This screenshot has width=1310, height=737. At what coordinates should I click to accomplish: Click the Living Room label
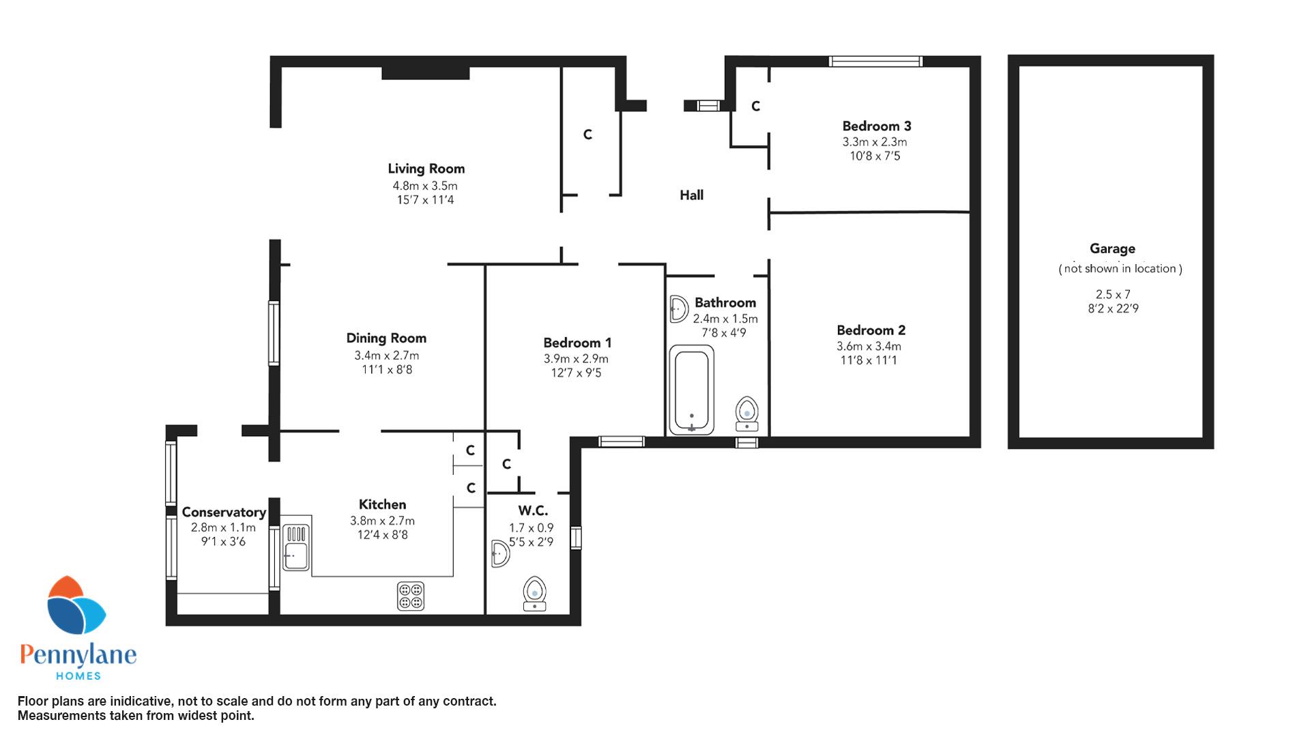(426, 169)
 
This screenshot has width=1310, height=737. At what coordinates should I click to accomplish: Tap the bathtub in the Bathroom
(692, 390)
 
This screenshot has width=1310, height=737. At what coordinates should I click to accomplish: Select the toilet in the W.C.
(535, 594)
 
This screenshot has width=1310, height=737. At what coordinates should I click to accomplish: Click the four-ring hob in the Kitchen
(411, 596)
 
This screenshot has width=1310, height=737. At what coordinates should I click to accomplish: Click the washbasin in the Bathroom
(678, 309)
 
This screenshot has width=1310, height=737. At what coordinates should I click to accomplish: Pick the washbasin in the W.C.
(499, 553)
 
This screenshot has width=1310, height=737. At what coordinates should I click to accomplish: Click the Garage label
(1112, 249)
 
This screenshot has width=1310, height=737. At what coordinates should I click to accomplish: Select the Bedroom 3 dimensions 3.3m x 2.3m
(875, 142)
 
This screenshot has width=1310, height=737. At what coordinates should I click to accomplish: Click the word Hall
(691, 195)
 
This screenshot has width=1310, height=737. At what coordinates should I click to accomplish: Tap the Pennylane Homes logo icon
(76, 605)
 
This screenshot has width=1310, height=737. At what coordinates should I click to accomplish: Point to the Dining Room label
(386, 338)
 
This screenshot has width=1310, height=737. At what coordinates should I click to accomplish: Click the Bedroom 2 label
(871, 330)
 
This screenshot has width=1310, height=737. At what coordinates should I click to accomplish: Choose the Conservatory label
(224, 512)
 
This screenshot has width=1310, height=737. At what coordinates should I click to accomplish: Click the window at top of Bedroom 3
(875, 61)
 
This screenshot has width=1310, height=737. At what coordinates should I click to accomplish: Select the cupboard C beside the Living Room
(587, 135)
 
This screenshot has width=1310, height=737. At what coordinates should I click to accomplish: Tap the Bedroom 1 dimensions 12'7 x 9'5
(577, 373)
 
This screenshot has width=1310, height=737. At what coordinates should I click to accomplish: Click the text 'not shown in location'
(1120, 269)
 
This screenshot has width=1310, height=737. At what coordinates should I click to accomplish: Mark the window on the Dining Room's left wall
(274, 333)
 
